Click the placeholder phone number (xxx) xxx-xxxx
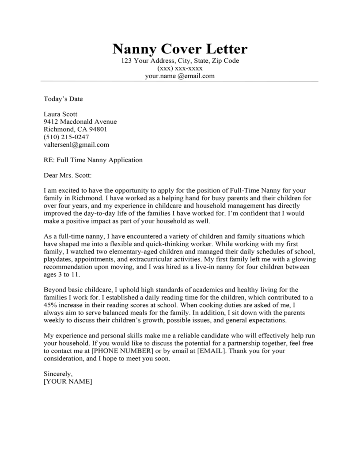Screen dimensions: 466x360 click(180, 68)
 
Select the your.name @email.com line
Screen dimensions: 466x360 click(180, 76)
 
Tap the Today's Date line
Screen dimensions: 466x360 click(63, 99)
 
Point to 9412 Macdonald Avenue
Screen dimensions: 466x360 click(80, 121)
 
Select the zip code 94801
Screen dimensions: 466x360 click(98, 129)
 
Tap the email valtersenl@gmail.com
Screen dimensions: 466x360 click(76, 144)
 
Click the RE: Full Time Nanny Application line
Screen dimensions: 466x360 click(93, 160)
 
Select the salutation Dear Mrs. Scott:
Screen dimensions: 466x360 click(68, 175)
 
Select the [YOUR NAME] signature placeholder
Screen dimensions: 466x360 click(68, 382)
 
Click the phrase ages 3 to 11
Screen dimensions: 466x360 click(62, 275)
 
